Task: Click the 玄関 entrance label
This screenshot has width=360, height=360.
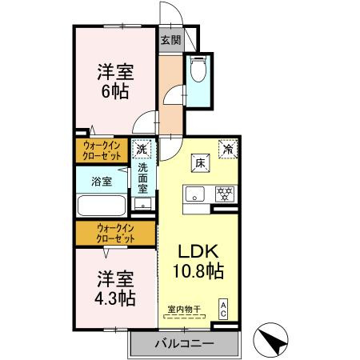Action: [x=170, y=41]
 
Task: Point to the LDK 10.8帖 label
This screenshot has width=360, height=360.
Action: [x=199, y=259]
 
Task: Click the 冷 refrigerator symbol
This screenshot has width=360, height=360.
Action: [x=227, y=149]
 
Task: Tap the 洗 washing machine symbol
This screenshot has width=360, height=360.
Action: [x=142, y=149]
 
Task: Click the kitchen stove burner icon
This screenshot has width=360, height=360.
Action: [x=226, y=193]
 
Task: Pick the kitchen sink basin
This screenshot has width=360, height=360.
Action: [x=196, y=193]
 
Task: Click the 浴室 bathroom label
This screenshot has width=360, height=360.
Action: [x=101, y=181]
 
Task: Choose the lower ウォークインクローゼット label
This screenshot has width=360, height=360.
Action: [x=114, y=234]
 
